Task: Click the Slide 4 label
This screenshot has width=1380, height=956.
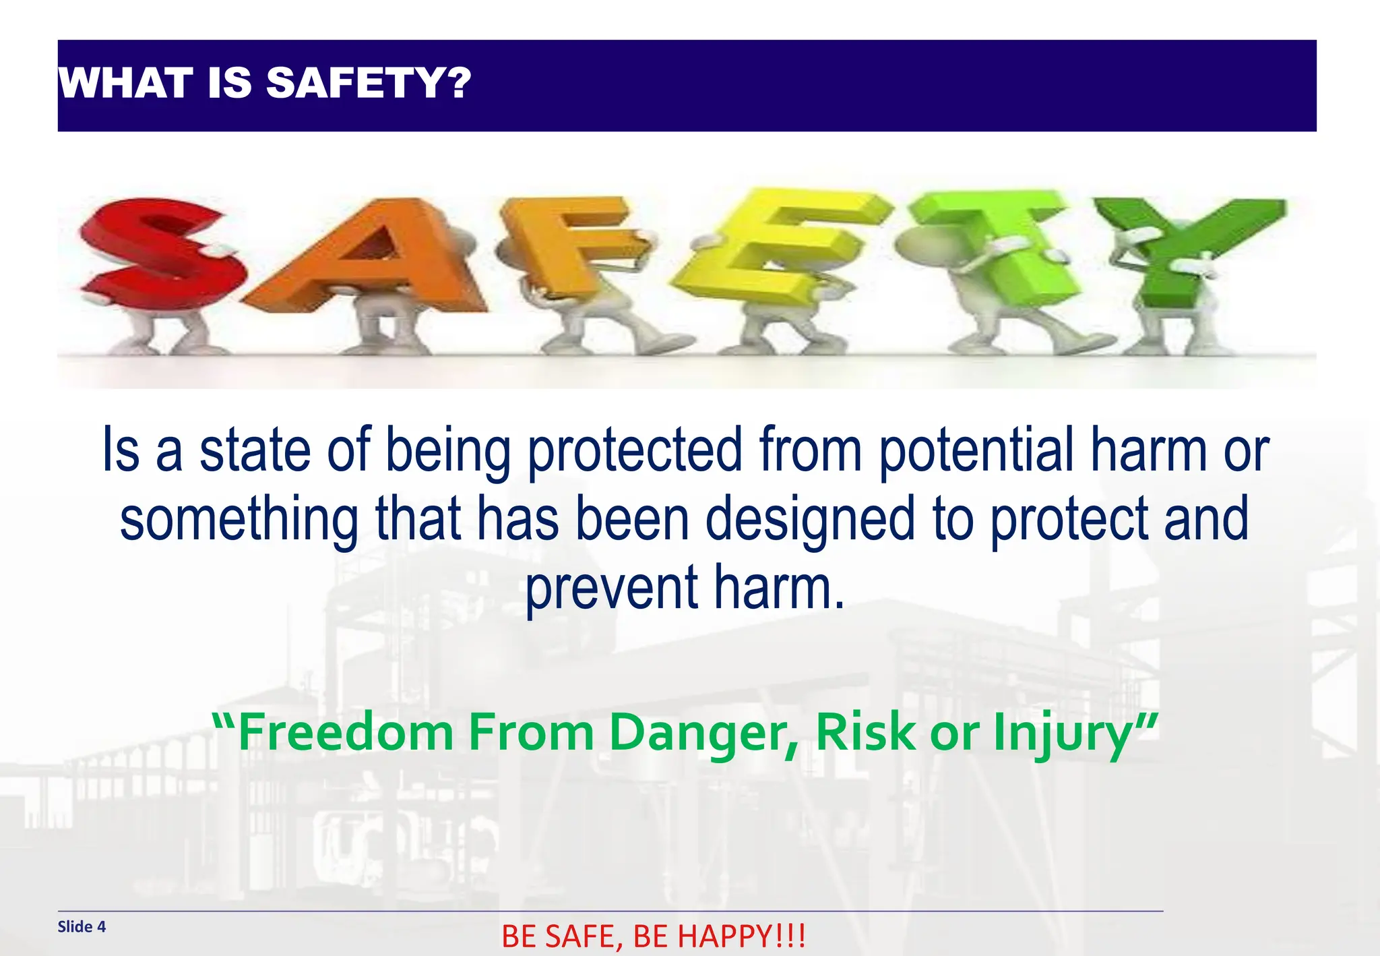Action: (x=82, y=926)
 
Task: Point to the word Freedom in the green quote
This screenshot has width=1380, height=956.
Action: (x=346, y=733)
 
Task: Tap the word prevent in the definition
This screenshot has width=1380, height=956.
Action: (x=611, y=588)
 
